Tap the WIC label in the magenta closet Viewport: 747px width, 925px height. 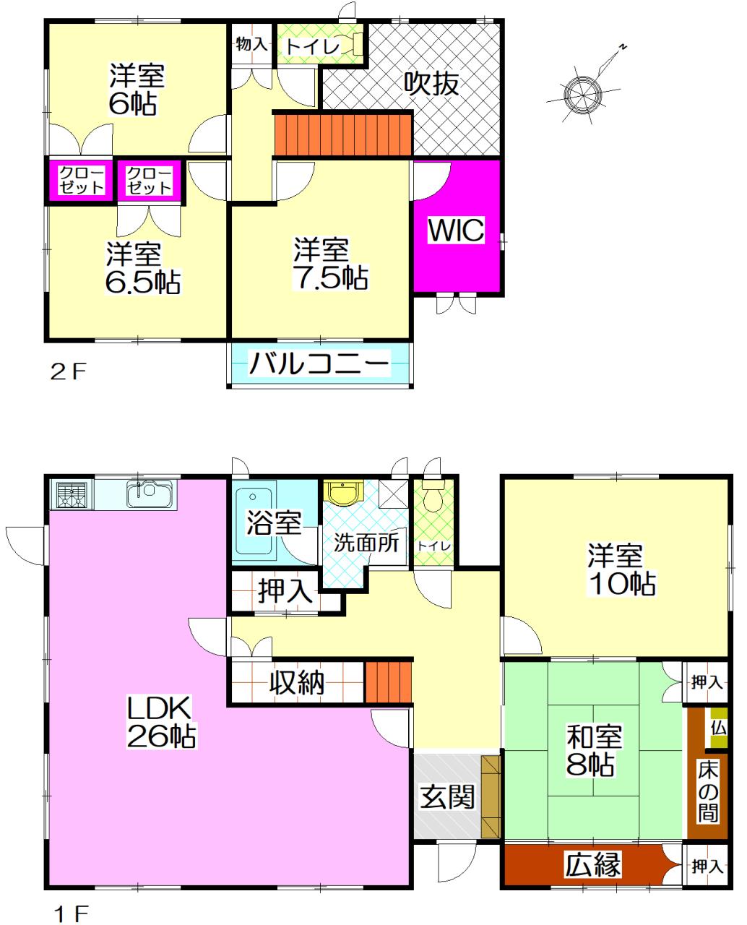pyautogui.click(x=456, y=230)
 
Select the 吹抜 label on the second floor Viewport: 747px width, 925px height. pyautogui.click(x=431, y=83)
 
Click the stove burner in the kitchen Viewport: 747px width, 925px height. pyautogui.click(x=72, y=494)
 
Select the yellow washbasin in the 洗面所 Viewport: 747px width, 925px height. pyautogui.click(x=342, y=492)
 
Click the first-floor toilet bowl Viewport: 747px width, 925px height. pyautogui.click(x=432, y=494)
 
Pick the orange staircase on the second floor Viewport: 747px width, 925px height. pyautogui.click(x=343, y=134)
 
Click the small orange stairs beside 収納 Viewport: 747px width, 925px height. pyautogui.click(x=388, y=681)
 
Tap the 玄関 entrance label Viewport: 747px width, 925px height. pyautogui.click(x=447, y=796)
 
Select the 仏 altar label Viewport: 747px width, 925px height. pyautogui.click(x=718, y=728)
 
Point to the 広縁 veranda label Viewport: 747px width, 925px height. pyautogui.click(x=593, y=864)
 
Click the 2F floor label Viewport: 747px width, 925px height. pyautogui.click(x=68, y=371)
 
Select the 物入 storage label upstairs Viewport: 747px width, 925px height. pyautogui.click(x=251, y=43)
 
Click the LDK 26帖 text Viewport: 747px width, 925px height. pyautogui.click(x=162, y=722)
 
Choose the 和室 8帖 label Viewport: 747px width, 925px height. pyautogui.click(x=594, y=749)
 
